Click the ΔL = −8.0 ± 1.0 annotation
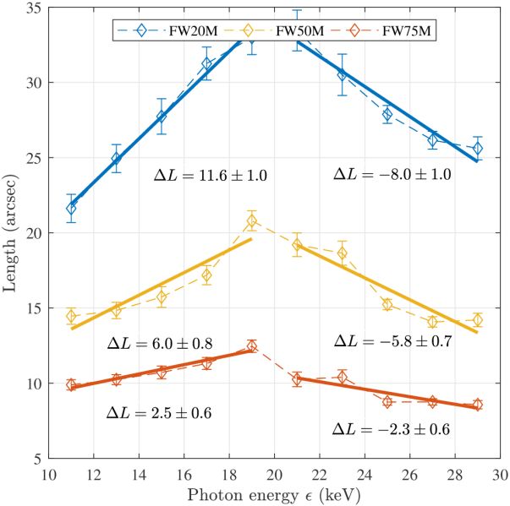coord(392,174)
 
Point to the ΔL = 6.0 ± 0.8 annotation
coord(159,343)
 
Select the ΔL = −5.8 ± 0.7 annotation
coord(392,341)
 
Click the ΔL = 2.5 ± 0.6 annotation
coord(159,413)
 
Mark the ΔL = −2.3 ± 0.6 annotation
coord(391,430)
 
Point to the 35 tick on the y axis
coord(35,8)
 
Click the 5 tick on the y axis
coord(39,459)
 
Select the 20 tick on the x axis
coord(274,474)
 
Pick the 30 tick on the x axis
coord(499,474)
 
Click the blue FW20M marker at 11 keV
coord(72,209)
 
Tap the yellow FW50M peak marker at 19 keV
coord(251,221)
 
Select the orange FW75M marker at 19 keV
coord(251,345)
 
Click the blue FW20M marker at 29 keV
coord(478,149)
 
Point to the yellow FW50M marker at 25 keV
coord(387,305)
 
